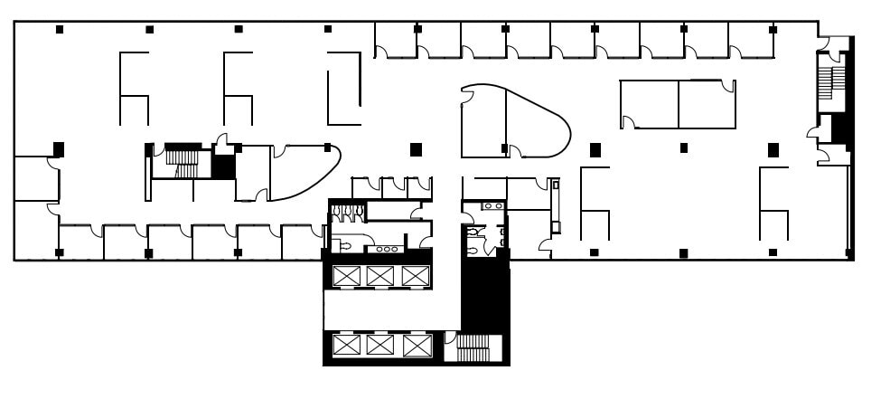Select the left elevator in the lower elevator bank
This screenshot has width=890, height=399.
coord(346,345)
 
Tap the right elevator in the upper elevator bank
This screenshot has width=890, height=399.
coord(415,276)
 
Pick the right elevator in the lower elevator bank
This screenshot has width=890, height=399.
coord(415,345)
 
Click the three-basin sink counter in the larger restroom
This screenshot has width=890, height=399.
coord(386,248)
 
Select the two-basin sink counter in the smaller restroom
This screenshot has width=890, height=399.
coord(493,206)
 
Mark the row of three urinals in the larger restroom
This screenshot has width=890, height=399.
coord(347,213)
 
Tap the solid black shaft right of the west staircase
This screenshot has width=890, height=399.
coord(222,168)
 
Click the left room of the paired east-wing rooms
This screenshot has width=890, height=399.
coord(649,103)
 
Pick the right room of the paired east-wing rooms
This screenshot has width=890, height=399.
coord(707,103)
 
